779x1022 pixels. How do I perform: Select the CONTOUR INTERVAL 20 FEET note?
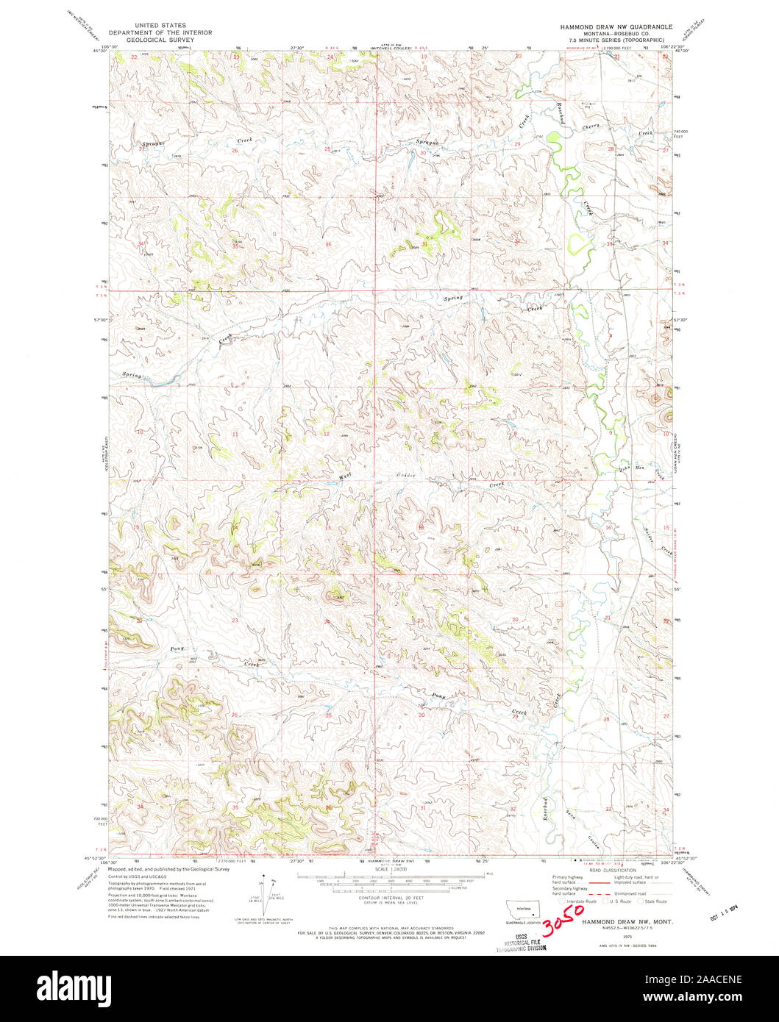click(x=389, y=897)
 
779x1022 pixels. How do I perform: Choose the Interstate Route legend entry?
click(x=578, y=901)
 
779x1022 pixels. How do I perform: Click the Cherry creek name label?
click(x=592, y=126)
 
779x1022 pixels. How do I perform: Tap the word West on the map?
click(x=344, y=476)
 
